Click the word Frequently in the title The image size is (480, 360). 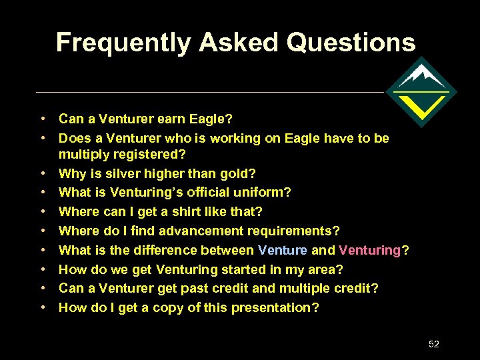(124, 43)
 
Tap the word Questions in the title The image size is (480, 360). (351, 43)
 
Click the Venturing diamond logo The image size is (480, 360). (421, 92)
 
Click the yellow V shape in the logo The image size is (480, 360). (421, 105)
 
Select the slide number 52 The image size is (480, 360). (434, 344)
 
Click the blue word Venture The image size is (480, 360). (282, 251)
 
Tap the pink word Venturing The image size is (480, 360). (369, 251)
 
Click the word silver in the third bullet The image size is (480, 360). (128, 173)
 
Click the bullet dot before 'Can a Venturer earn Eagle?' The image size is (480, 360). (42, 119)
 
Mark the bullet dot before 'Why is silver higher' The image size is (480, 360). (42, 173)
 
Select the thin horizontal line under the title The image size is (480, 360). (207, 92)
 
